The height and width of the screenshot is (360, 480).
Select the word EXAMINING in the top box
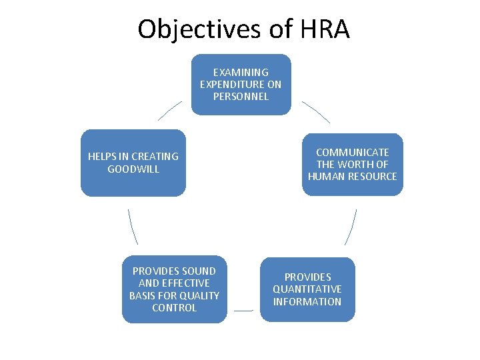coord(241,72)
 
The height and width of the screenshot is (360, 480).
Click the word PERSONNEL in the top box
coord(241,97)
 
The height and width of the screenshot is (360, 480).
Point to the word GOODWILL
coord(133,169)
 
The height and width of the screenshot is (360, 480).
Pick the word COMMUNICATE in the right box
coord(352,152)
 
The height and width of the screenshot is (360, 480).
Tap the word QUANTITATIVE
coord(307,289)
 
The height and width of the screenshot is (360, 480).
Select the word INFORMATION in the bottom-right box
coord(307,301)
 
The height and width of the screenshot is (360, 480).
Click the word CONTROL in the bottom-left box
coord(174,308)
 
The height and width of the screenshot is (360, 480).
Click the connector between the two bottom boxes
coord(243,311)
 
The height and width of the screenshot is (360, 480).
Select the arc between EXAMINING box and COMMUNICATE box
coord(316,111)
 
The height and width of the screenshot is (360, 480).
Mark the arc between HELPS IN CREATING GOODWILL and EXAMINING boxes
coord(169,110)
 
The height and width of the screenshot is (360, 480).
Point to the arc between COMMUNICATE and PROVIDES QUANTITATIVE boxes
coord(351,227)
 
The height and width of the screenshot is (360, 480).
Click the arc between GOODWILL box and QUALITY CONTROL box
coord(133,227)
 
